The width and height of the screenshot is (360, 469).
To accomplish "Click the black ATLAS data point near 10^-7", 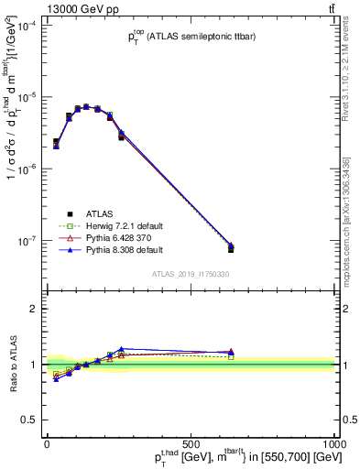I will tap(231, 249).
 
